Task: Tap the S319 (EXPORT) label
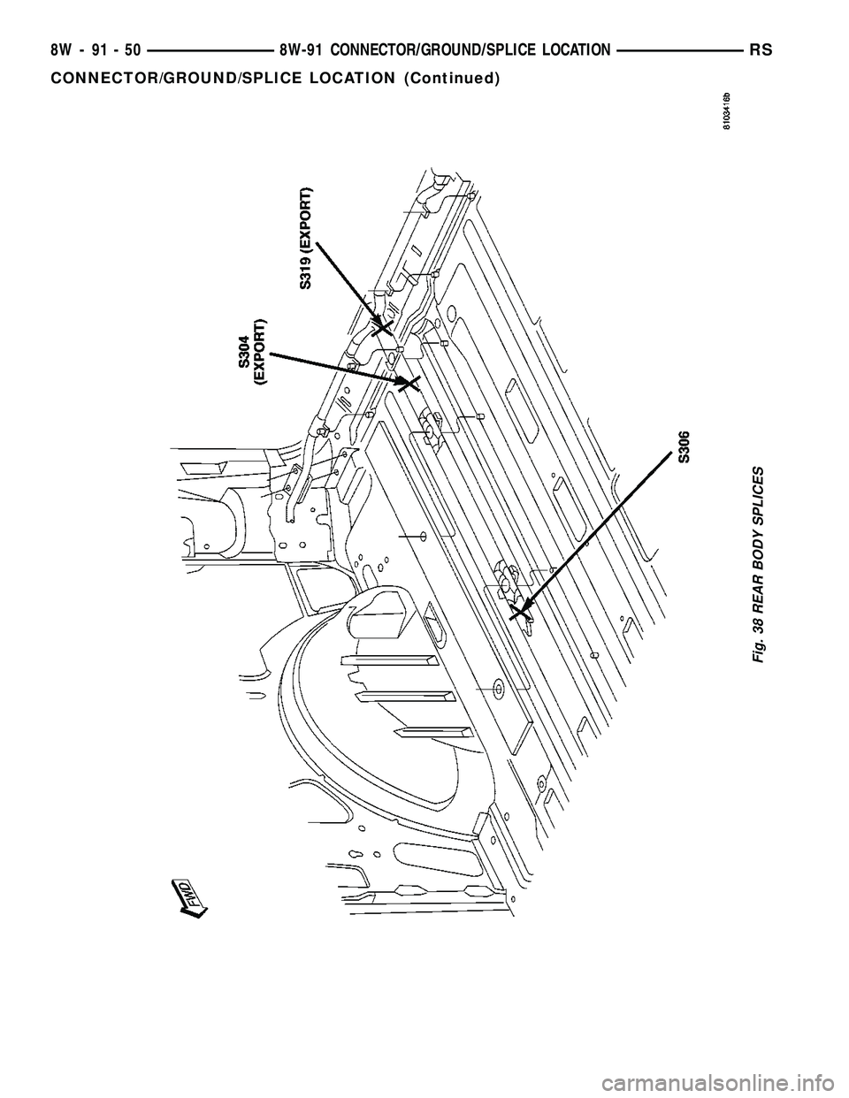[x=305, y=239]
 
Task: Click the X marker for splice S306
[x=520, y=609]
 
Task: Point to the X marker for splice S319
[x=382, y=328]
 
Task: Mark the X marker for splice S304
[x=408, y=383]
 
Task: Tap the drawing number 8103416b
[x=725, y=111]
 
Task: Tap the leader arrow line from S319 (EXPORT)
[x=347, y=279]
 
